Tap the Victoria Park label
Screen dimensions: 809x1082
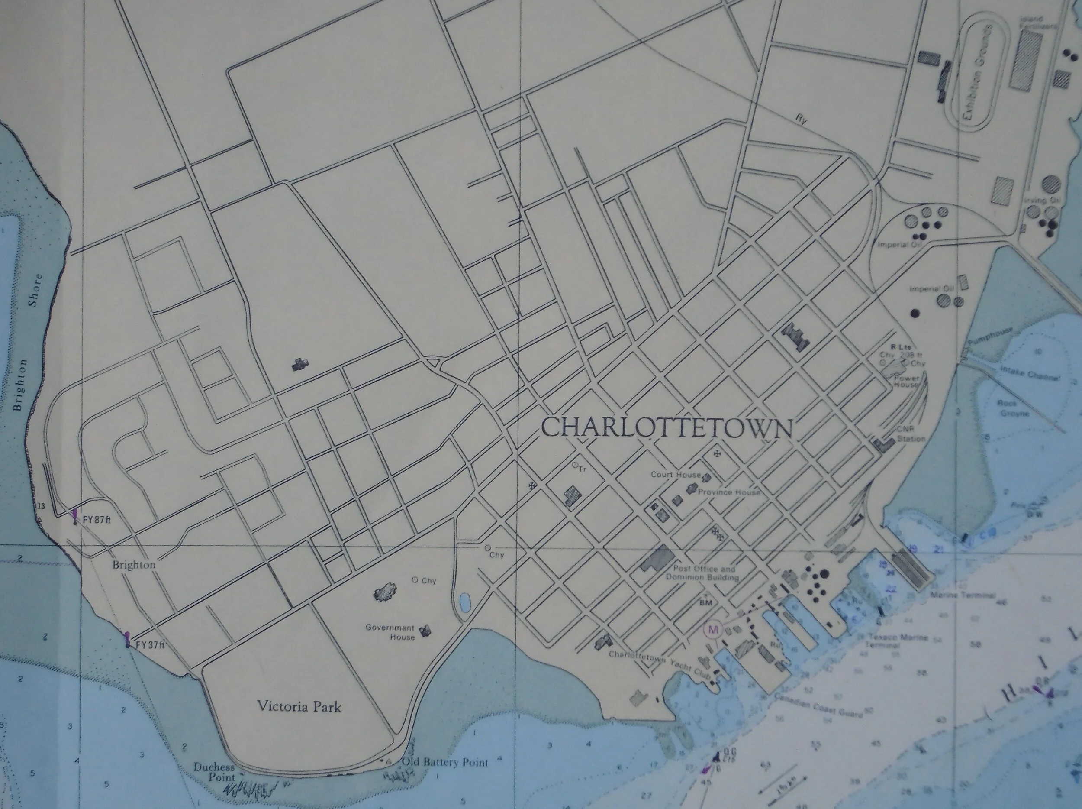(x=299, y=706)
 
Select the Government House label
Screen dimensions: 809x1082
(x=390, y=632)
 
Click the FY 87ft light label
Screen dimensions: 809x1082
(x=97, y=520)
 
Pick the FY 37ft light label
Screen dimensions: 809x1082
(x=149, y=644)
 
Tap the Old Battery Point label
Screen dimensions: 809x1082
(x=444, y=762)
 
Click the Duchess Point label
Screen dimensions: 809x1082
(x=214, y=772)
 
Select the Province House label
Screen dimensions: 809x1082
(x=729, y=492)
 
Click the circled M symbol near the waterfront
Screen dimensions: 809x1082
(x=713, y=630)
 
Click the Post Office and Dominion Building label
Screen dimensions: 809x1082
(x=703, y=573)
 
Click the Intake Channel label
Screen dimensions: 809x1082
(x=1030, y=373)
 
